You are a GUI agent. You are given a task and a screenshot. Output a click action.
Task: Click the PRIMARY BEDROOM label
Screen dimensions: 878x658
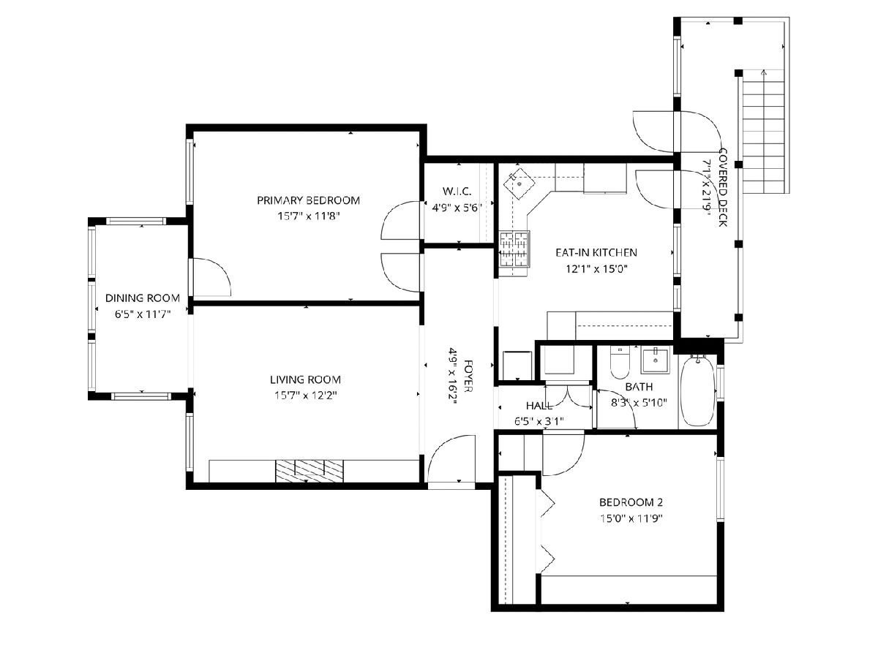coord(308,200)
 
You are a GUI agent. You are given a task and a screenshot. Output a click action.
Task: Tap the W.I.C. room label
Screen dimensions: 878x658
coord(457,191)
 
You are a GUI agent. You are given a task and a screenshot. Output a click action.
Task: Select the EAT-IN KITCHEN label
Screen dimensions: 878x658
coord(596,252)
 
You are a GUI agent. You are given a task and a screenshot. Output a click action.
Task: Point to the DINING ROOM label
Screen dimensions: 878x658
coord(143,298)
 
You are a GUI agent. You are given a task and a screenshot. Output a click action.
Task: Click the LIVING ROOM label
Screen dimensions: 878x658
coord(305,379)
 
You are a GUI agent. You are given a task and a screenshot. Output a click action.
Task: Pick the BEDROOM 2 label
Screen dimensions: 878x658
coord(631,502)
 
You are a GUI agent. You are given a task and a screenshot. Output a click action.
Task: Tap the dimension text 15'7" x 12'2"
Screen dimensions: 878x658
coord(306,396)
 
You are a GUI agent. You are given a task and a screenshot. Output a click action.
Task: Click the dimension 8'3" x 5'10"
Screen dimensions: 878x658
coord(639,403)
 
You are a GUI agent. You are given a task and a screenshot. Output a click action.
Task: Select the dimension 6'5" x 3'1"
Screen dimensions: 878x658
coord(539,420)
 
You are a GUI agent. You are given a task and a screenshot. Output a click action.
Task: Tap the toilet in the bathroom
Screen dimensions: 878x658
coord(620,363)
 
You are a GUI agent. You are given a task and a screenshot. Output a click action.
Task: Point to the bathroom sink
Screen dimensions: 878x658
coord(655,360)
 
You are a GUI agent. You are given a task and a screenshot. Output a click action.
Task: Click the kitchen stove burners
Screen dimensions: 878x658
coord(514,249)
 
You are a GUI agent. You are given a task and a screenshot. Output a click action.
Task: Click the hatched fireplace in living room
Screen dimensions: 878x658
coord(309,471)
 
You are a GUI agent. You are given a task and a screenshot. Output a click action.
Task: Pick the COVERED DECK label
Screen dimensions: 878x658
coord(722,187)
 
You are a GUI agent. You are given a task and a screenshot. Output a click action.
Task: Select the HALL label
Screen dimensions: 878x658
coord(539,406)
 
